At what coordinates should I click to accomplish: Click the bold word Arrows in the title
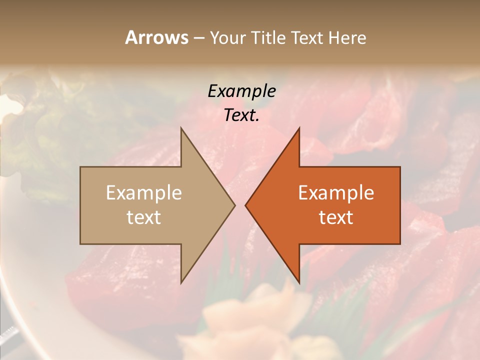[x=156, y=37]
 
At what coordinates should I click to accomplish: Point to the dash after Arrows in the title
[x=198, y=38]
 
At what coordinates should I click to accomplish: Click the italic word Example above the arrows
[x=241, y=91]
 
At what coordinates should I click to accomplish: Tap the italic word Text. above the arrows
[x=241, y=115]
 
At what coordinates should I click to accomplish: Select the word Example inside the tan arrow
[x=144, y=193]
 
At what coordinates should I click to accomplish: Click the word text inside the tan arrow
[x=144, y=217]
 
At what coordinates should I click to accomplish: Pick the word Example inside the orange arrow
[x=336, y=193]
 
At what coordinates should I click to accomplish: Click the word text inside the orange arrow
[x=336, y=217]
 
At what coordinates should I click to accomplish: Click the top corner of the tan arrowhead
[x=181, y=128]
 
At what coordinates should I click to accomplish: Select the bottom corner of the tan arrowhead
[x=181, y=282]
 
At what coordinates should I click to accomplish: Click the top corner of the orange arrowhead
[x=299, y=128]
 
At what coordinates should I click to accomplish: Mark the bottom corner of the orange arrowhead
[x=299, y=282]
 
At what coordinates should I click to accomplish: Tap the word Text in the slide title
[x=307, y=38]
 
